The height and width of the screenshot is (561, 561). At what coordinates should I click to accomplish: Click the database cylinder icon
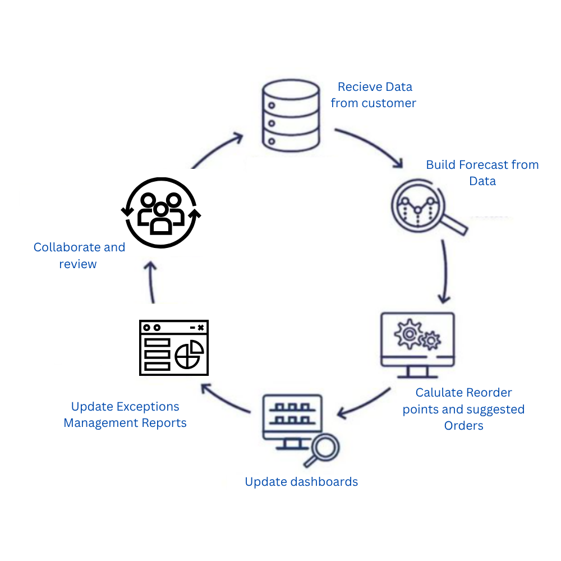(291, 115)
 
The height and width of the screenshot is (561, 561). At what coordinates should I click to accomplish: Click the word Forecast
(484, 165)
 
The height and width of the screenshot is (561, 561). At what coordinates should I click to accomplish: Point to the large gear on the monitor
(408, 334)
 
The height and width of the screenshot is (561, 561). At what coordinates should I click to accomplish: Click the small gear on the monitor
(431, 341)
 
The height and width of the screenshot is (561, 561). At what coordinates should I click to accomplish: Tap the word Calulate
(440, 393)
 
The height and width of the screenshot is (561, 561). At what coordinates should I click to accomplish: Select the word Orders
(464, 426)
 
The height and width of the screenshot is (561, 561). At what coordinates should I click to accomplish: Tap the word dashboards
(324, 481)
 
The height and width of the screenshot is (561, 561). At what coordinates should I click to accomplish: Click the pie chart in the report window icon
(189, 354)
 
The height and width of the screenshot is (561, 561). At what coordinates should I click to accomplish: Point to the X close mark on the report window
(201, 328)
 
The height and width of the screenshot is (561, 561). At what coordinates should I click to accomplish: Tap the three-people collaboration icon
(161, 213)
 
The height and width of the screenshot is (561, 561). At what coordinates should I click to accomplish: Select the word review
(77, 264)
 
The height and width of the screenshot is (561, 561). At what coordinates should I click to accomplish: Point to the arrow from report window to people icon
(151, 283)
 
